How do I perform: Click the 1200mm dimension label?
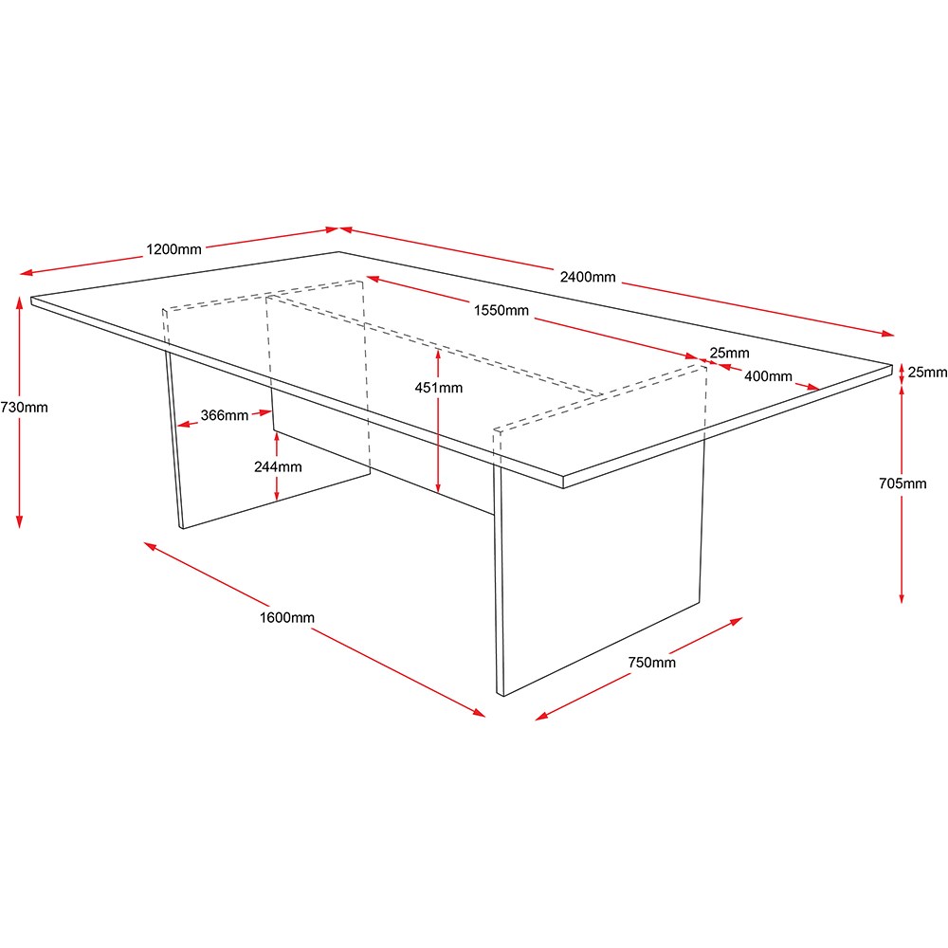point(173,249)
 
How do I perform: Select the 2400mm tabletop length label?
point(588,277)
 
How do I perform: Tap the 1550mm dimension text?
point(501,311)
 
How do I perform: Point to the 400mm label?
point(768,376)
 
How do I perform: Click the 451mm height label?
point(439,388)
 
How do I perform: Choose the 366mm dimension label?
point(225,415)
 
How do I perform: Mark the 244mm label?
point(278,466)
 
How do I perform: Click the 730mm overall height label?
point(25,408)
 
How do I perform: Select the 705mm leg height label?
point(902,483)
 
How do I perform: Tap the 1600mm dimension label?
point(287,618)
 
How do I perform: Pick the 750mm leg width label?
point(652,663)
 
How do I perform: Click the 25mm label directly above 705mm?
point(927,373)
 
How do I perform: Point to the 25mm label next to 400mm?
point(730,353)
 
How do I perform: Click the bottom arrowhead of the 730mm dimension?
point(19,521)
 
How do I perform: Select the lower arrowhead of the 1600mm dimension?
point(479,713)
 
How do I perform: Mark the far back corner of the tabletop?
point(338,252)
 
